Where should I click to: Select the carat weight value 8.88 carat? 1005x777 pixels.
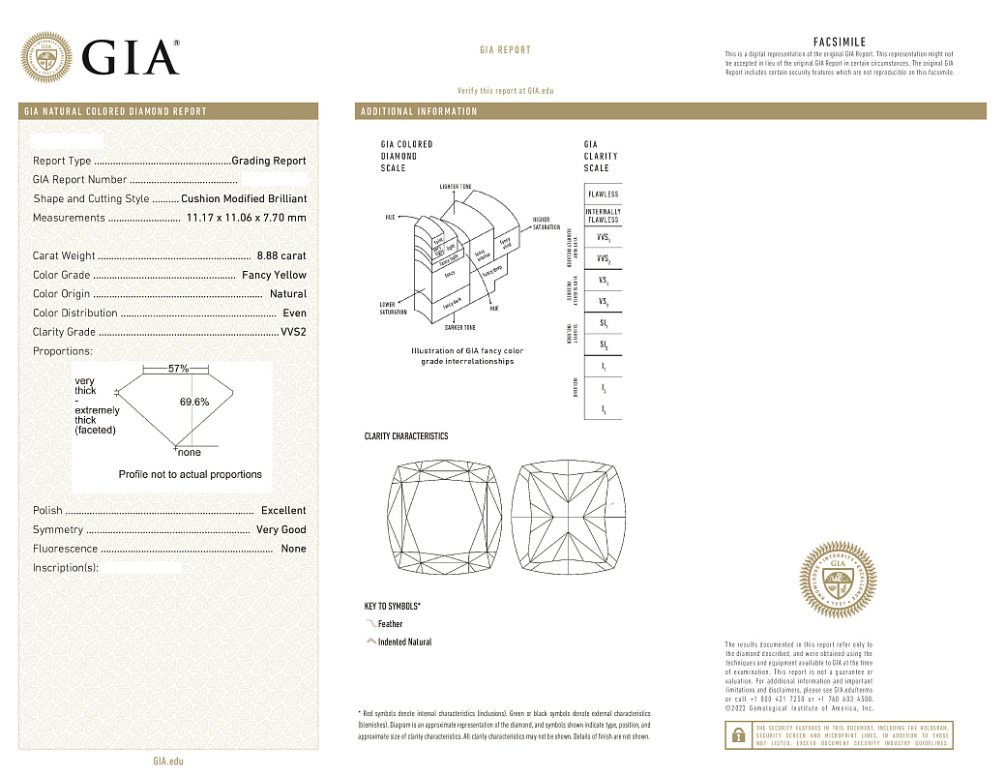click(281, 255)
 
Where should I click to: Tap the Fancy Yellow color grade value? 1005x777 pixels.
click(274, 275)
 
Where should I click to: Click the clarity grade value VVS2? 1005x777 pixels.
click(293, 332)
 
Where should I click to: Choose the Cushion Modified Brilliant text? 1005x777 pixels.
click(244, 198)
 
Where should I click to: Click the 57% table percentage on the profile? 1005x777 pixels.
click(178, 370)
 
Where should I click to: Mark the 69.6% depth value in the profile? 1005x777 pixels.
click(194, 402)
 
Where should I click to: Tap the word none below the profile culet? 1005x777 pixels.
click(190, 452)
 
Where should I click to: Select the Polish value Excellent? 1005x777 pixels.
click(282, 510)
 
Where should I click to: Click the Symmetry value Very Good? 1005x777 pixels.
click(281, 529)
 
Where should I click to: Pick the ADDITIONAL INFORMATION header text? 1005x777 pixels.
click(419, 111)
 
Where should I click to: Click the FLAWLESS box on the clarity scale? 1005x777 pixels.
click(603, 194)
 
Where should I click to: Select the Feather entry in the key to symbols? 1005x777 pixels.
click(390, 624)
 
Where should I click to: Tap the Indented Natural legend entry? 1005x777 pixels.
click(404, 643)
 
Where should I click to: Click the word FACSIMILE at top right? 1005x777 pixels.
click(839, 43)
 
